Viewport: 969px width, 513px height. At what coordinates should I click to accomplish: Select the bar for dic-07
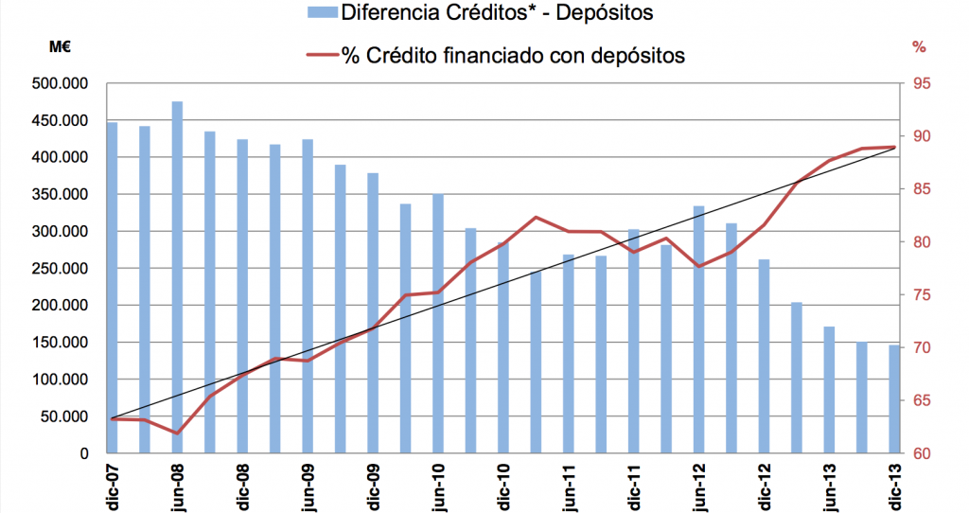pyautogui.click(x=112, y=288)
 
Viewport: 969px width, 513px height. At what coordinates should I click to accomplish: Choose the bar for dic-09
pyautogui.click(x=373, y=313)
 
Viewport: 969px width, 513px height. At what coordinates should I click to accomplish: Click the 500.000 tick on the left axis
pyautogui.click(x=61, y=84)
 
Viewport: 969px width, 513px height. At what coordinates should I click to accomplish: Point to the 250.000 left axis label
pyautogui.click(x=61, y=269)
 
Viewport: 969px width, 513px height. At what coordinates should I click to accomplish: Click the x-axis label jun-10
pyautogui.click(x=438, y=483)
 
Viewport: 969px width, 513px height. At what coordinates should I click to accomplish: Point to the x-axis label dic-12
pyautogui.click(x=765, y=483)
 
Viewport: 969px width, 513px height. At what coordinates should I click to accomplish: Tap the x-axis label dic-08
pyautogui.click(x=242, y=483)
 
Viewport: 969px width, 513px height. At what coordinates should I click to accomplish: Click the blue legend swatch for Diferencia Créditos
pyautogui.click(x=322, y=13)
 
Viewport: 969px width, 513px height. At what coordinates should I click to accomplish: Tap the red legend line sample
pyautogui.click(x=322, y=55)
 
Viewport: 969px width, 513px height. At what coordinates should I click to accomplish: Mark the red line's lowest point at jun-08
pyautogui.click(x=177, y=433)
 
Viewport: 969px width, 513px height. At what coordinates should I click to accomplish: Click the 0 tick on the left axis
pyautogui.click(x=84, y=453)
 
